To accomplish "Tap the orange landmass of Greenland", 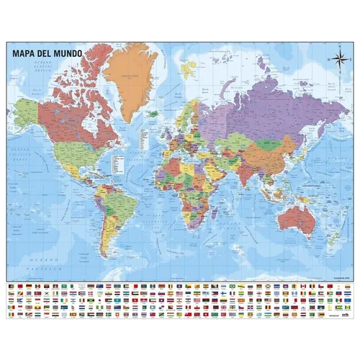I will click(x=130, y=76).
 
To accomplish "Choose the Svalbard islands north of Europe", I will click(x=188, y=68).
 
